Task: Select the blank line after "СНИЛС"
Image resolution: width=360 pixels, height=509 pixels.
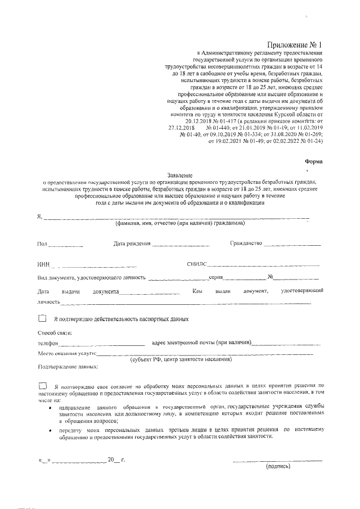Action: pyautogui.click(x=264, y=265)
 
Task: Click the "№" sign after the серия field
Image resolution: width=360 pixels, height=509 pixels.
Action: pyautogui.click(x=271, y=277)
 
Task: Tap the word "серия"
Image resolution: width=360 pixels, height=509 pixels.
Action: pyautogui.click(x=217, y=277)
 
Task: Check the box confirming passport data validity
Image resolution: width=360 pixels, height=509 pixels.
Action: pyautogui.click(x=43, y=319)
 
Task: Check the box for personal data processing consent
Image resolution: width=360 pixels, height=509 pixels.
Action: pyautogui.click(x=43, y=386)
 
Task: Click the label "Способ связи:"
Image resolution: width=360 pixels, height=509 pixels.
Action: pyautogui.click(x=55, y=332)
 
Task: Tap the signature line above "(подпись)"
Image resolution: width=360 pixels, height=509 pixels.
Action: pyautogui.click(x=278, y=460)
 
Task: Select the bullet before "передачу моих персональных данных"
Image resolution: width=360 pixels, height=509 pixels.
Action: pyautogui.click(x=51, y=430)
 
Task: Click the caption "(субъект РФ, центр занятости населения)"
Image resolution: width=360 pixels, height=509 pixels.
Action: pyautogui.click(x=181, y=359)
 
